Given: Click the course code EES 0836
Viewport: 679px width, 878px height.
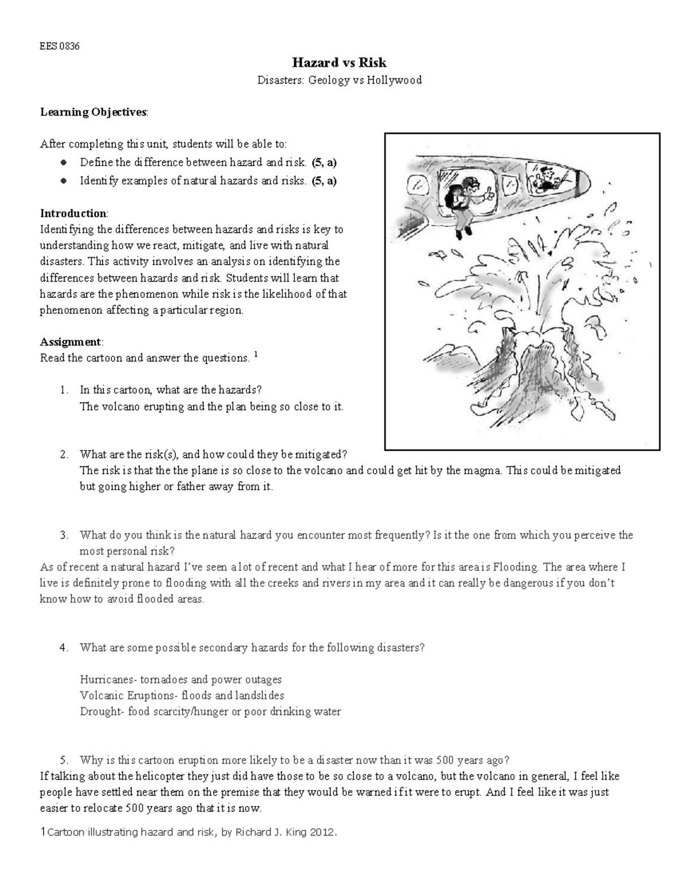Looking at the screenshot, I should [59, 46].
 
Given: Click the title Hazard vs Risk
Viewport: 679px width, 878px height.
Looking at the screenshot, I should [339, 62].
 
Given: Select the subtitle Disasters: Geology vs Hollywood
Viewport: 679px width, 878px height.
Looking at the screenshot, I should [339, 80].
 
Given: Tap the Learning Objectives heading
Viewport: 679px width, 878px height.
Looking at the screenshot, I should [93, 112].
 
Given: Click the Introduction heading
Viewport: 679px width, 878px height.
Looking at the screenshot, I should [73, 213].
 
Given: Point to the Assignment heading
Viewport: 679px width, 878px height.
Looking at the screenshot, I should [71, 341].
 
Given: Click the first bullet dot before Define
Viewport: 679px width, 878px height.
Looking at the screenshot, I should [64, 163].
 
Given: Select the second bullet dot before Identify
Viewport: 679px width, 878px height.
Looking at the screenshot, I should [64, 181].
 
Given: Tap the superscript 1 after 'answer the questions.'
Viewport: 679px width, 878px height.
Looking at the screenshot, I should [256, 355].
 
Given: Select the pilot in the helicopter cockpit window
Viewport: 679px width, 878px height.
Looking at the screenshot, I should [544, 176].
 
